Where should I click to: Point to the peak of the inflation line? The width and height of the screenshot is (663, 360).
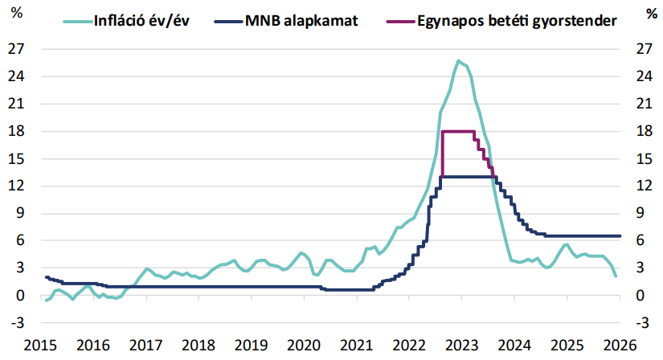(458, 60)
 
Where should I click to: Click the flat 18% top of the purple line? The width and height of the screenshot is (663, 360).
(458, 131)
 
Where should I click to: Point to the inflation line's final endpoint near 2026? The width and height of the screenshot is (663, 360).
(616, 276)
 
